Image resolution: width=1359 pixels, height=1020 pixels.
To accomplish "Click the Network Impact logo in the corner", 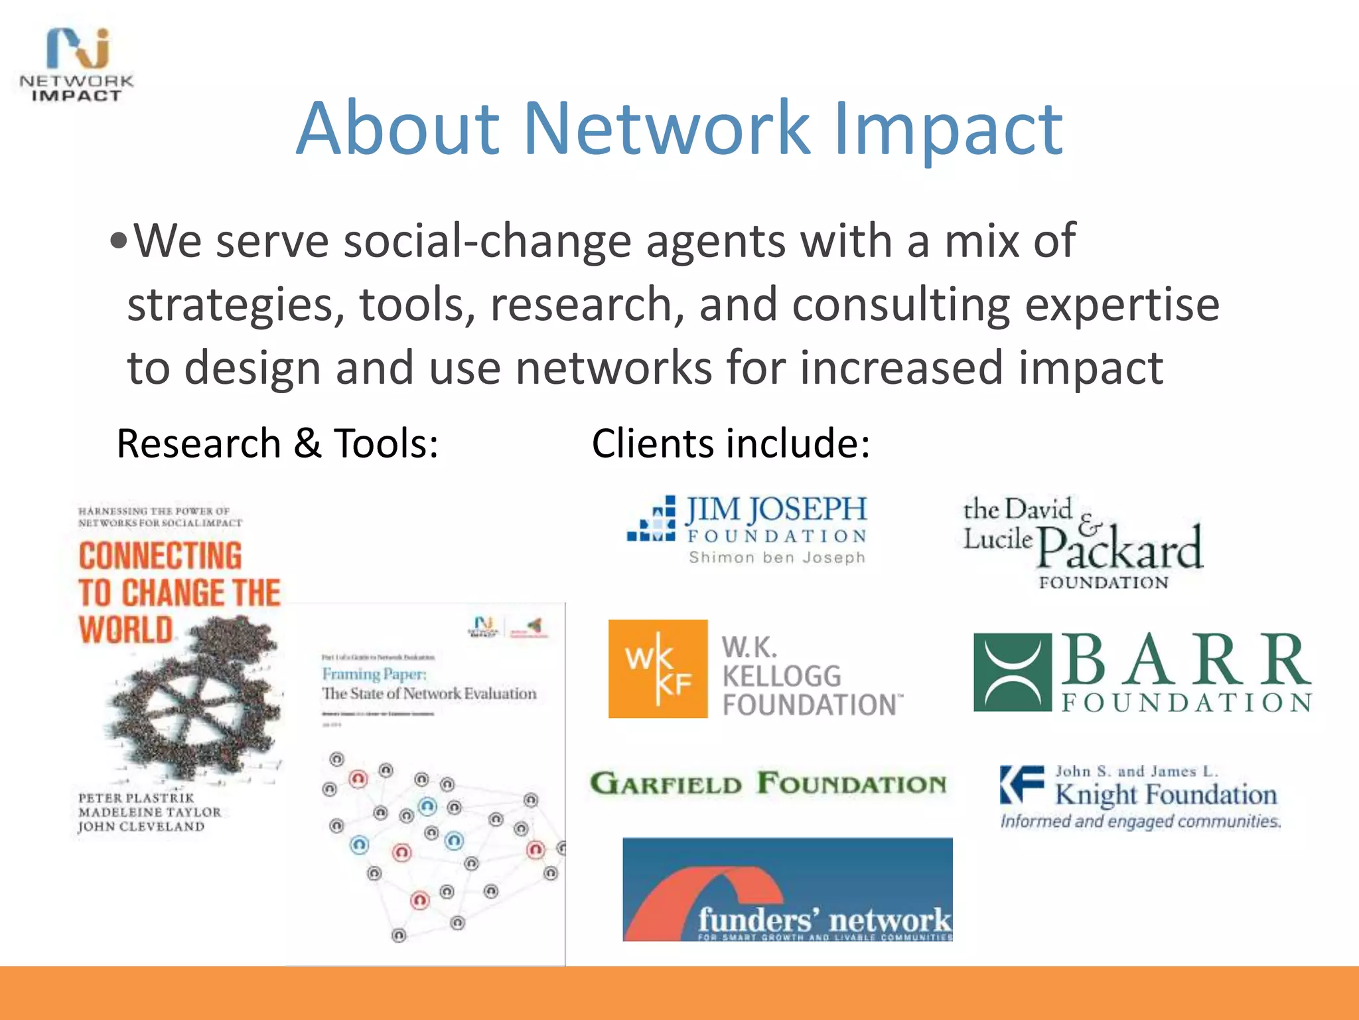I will point(76,65).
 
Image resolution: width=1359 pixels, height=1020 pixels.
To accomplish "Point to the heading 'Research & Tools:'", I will point(277,444).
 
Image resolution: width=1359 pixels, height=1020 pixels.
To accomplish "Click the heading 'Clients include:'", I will point(731,444).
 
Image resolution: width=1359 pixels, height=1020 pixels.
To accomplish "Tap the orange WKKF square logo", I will point(658,669).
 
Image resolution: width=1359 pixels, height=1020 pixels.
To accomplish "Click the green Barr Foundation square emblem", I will point(1012,673).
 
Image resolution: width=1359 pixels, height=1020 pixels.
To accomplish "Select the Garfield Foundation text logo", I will point(768,784).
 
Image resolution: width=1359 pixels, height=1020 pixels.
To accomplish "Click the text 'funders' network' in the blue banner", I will point(824,920).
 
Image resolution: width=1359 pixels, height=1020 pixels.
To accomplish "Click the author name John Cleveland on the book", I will point(141,827).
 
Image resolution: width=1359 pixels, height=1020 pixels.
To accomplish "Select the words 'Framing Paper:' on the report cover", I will point(374,674).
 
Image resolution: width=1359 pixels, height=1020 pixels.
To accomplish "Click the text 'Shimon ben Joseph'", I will point(777,558).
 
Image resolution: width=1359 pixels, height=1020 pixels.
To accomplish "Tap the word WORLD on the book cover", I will point(126,630).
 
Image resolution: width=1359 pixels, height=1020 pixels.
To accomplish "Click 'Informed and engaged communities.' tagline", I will point(1140,821).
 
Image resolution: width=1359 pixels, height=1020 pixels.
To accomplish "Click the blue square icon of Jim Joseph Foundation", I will point(652,520).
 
